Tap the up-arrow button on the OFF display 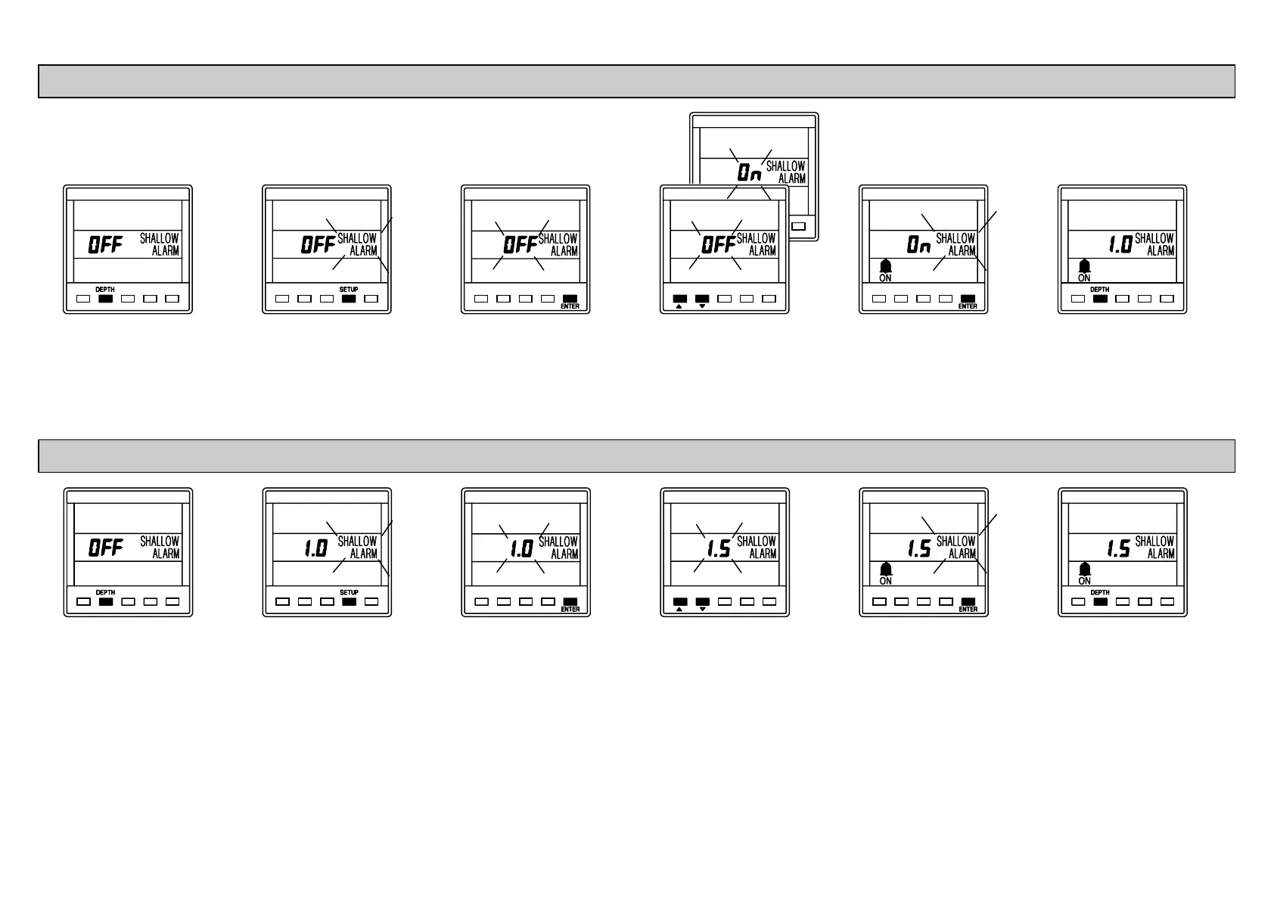point(679,299)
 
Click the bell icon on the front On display point(885,266)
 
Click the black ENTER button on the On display point(968,299)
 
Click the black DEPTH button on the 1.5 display point(1100,602)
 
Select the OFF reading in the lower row point(106,548)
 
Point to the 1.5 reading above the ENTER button point(918,548)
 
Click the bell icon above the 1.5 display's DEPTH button point(1084,569)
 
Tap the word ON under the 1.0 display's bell point(1084,278)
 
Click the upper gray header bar point(636,81)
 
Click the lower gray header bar point(636,455)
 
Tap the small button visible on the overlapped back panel point(798,226)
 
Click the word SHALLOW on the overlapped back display point(786,166)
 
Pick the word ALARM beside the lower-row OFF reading point(166,554)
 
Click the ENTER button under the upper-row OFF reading point(570,299)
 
